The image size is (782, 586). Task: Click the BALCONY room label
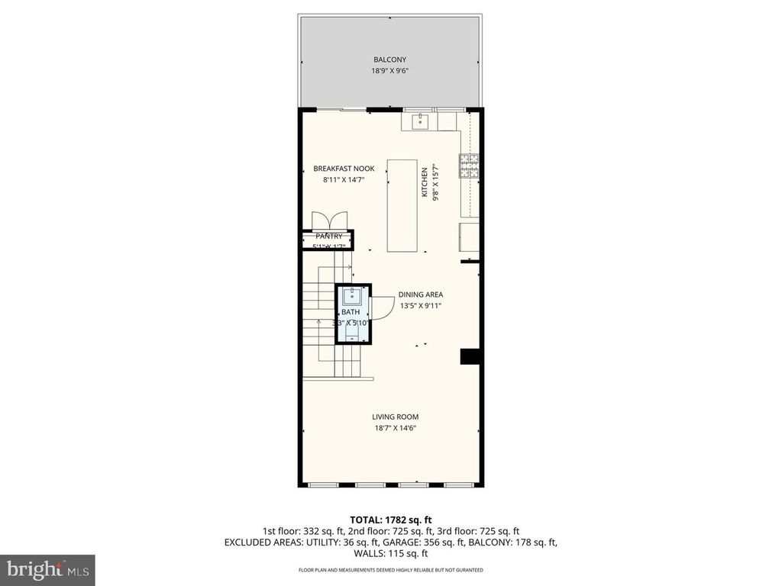pos(389,60)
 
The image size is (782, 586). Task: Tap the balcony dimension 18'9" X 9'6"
pos(389,72)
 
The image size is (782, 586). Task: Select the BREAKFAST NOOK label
pos(344,169)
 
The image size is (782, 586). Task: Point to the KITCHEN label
pos(425,183)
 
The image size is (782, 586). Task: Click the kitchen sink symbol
pos(419,121)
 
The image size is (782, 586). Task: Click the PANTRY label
pos(329,237)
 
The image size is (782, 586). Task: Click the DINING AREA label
pos(420,295)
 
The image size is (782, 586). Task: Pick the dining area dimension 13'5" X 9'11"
pos(420,306)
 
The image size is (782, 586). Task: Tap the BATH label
pos(351,312)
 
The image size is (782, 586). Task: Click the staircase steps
pos(321,320)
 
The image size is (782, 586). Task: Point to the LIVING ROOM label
pos(395,417)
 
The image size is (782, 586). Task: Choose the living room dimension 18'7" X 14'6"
pos(395,428)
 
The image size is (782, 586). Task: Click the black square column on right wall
pos(470,357)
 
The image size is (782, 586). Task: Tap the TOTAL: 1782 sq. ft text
pos(390,519)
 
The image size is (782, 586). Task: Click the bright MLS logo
pos(47,569)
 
